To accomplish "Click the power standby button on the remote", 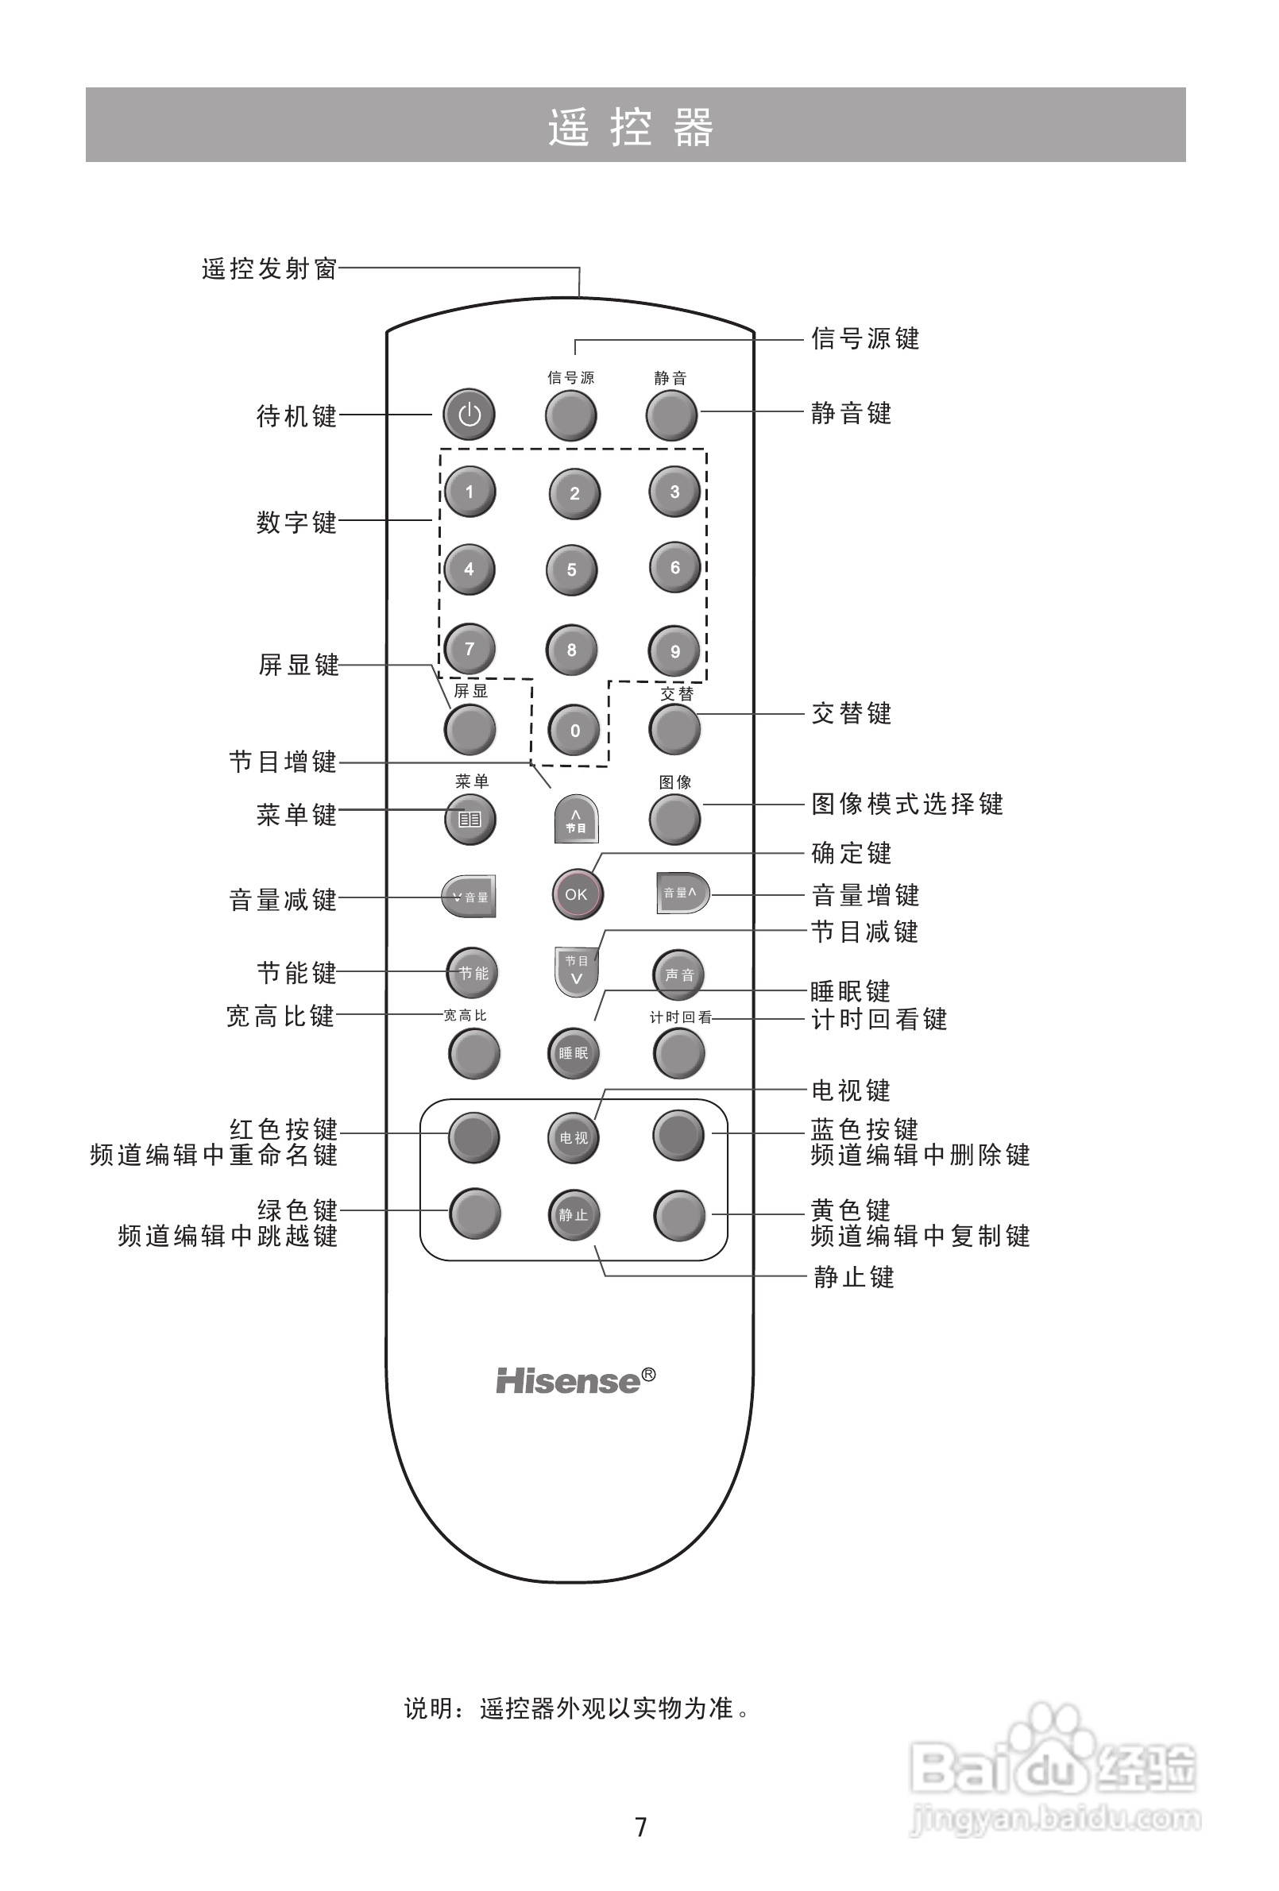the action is click(469, 415).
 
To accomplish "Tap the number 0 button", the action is click(575, 730).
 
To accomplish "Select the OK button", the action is click(576, 894).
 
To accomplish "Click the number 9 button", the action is click(675, 651).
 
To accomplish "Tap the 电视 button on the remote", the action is click(573, 1137).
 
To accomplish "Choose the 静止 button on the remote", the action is click(573, 1215).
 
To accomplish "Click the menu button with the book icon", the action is click(469, 819).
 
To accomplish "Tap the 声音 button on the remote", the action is click(679, 974).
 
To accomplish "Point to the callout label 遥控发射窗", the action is click(269, 268).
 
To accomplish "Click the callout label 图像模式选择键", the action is click(907, 804).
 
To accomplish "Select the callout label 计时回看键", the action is click(879, 1019).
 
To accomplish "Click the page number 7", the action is click(641, 1827).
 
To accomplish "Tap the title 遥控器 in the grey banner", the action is click(632, 127).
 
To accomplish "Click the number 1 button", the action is click(469, 492).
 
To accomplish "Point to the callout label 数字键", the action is click(296, 522).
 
